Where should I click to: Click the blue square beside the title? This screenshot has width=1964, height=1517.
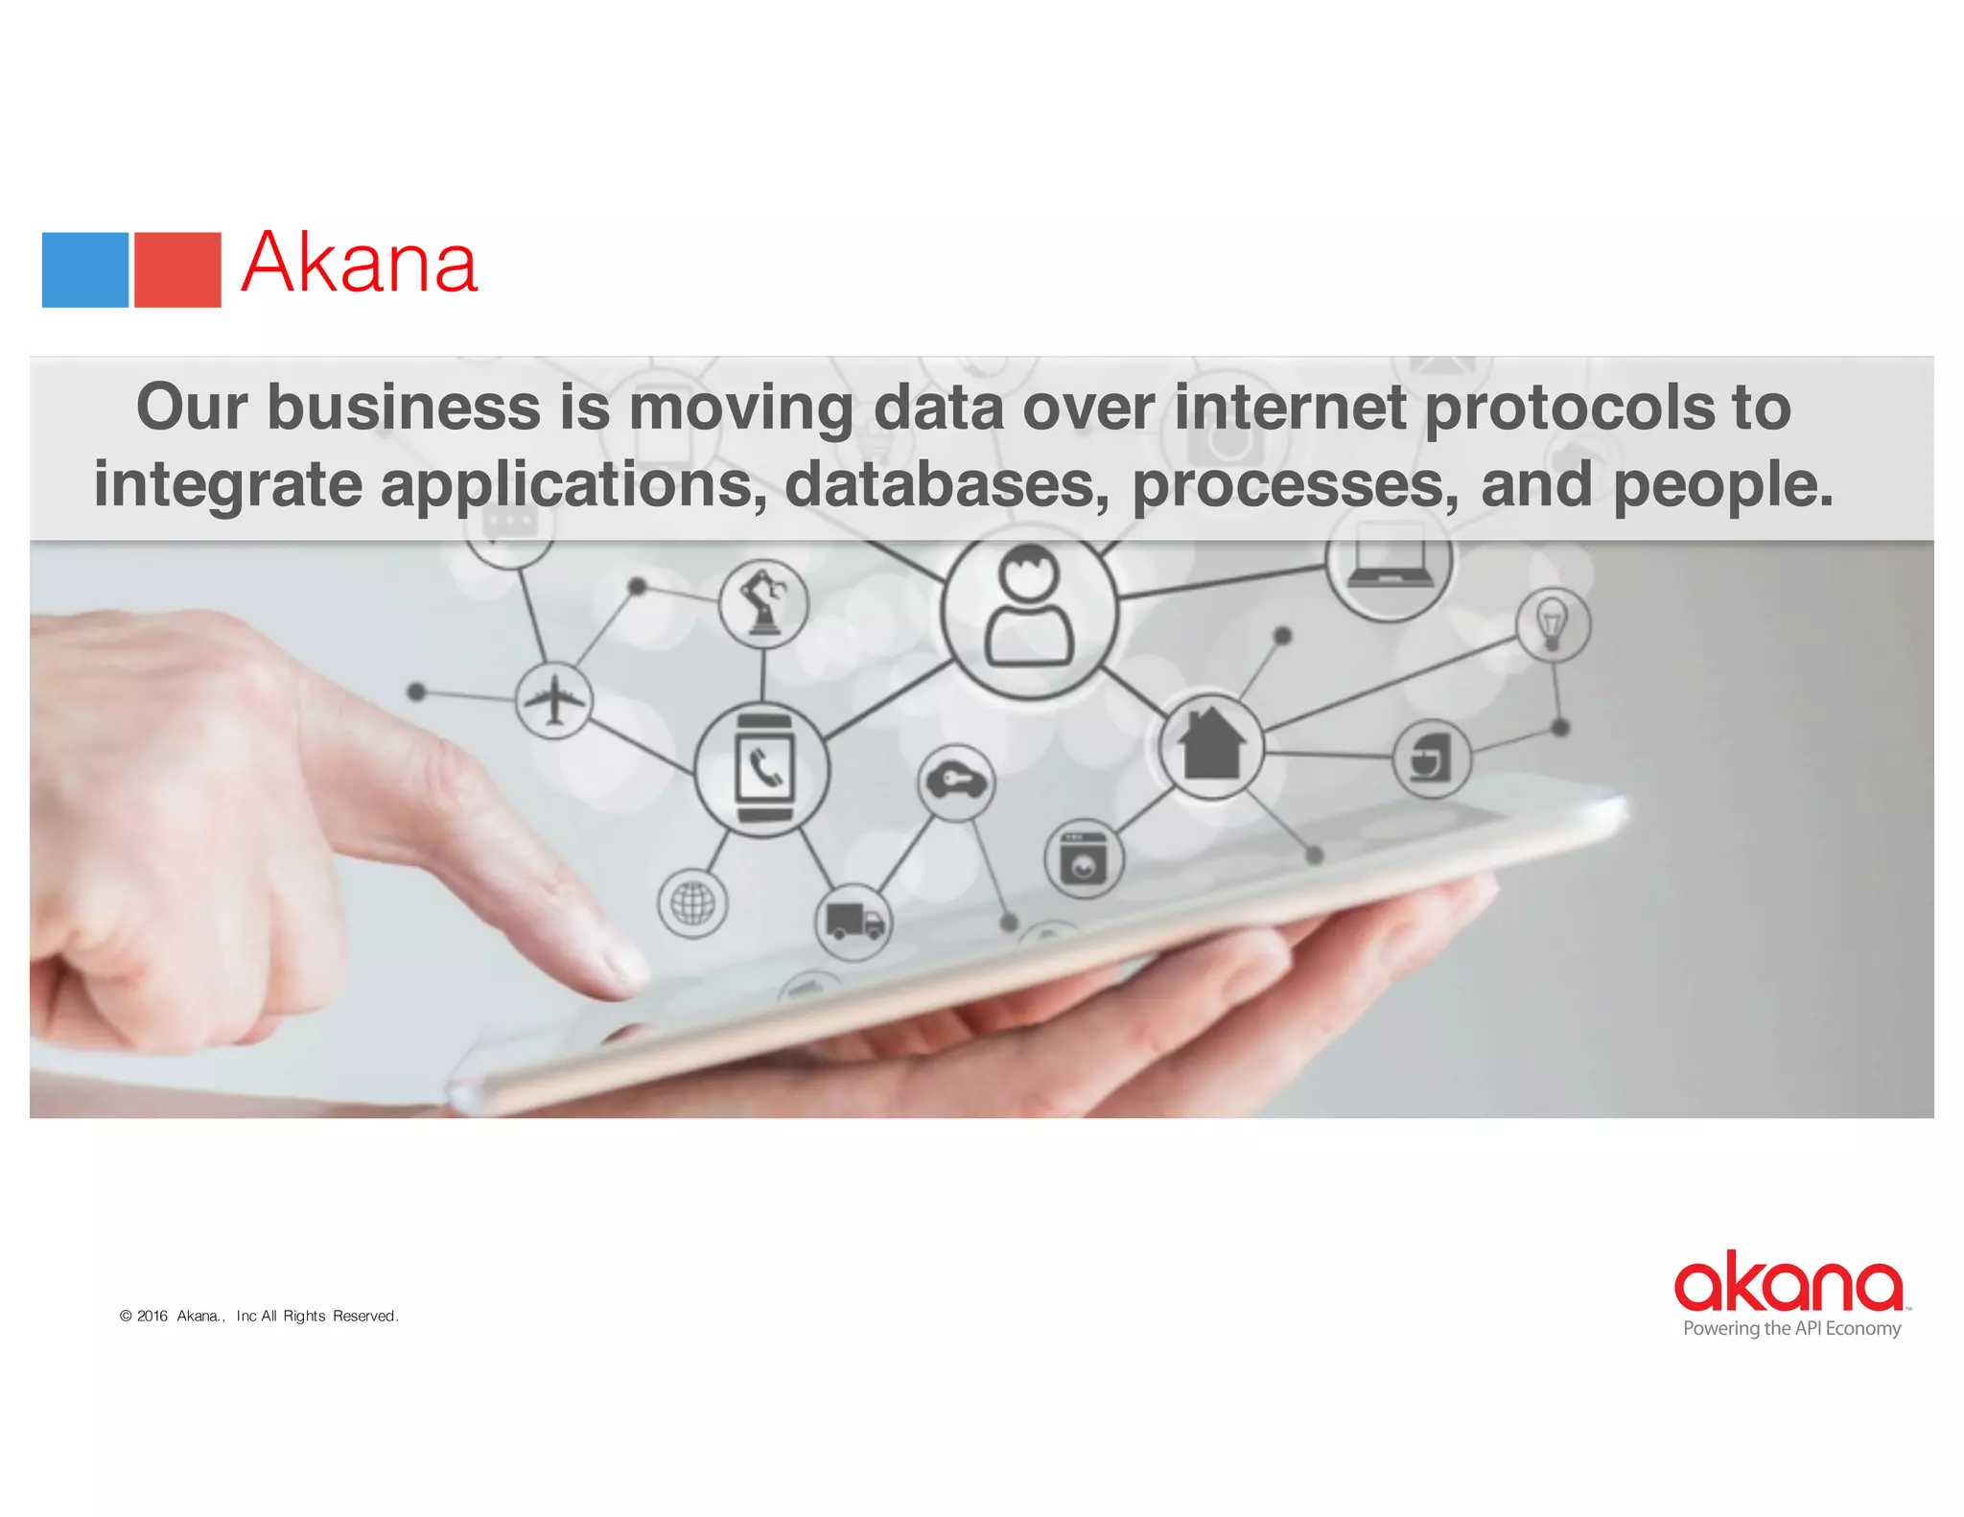85,269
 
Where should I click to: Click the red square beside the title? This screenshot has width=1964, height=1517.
177,269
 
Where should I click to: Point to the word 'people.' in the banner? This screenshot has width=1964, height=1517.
1722,484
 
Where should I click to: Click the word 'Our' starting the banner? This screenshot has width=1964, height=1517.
192,407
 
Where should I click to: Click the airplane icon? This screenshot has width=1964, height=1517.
553,700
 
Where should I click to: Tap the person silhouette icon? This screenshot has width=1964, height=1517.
1029,608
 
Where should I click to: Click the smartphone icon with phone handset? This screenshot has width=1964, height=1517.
763,769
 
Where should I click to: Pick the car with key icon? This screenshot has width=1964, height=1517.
956,782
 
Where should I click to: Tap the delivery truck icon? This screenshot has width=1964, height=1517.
853,922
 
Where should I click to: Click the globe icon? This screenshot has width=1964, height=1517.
692,902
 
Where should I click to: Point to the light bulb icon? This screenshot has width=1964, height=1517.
1553,624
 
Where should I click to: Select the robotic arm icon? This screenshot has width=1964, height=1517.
763,604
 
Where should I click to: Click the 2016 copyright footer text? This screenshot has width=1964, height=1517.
259,1316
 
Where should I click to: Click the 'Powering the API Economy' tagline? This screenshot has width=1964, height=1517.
1791,1328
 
